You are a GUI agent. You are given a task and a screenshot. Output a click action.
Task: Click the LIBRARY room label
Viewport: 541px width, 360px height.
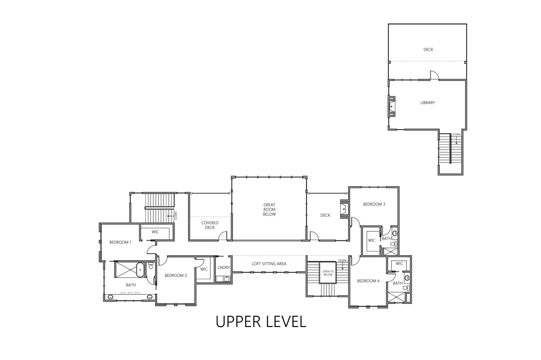point(428,103)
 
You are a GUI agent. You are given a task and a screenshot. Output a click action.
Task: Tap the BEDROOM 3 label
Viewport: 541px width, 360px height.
point(374,204)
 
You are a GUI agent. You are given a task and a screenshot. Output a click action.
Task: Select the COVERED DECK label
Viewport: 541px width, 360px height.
point(210,225)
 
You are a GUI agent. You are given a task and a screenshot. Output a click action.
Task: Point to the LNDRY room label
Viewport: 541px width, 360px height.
point(224,267)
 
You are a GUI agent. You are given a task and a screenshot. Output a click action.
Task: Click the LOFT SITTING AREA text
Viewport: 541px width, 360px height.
point(269,264)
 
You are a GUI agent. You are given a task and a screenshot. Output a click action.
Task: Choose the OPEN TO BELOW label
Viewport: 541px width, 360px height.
point(328,273)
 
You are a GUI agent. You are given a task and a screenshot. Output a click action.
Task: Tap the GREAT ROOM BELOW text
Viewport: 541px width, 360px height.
point(269,209)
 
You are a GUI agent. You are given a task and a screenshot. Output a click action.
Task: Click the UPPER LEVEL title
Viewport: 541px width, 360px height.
point(261,321)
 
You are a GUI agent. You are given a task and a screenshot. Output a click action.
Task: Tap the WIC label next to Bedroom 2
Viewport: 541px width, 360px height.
point(204,269)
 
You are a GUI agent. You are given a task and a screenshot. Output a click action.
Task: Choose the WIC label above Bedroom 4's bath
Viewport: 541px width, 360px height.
point(399,263)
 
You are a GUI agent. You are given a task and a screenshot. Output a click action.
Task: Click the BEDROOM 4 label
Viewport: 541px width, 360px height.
point(368,281)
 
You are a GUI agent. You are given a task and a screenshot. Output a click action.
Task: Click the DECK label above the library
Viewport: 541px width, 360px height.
point(428,49)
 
